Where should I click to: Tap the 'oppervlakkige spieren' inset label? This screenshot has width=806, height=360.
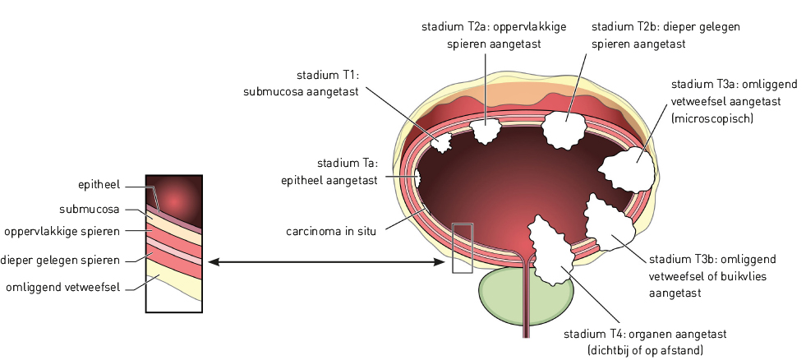(62, 230)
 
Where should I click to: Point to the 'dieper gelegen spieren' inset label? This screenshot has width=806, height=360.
(61, 260)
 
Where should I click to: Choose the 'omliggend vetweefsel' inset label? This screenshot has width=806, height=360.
(63, 287)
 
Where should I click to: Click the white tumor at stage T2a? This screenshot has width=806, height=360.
(487, 130)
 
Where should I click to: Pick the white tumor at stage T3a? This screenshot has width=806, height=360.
(629, 168)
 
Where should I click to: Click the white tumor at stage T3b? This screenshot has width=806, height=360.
(610, 224)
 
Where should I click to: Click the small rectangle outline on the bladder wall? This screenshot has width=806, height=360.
(463, 247)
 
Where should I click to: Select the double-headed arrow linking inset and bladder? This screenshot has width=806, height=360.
(325, 262)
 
